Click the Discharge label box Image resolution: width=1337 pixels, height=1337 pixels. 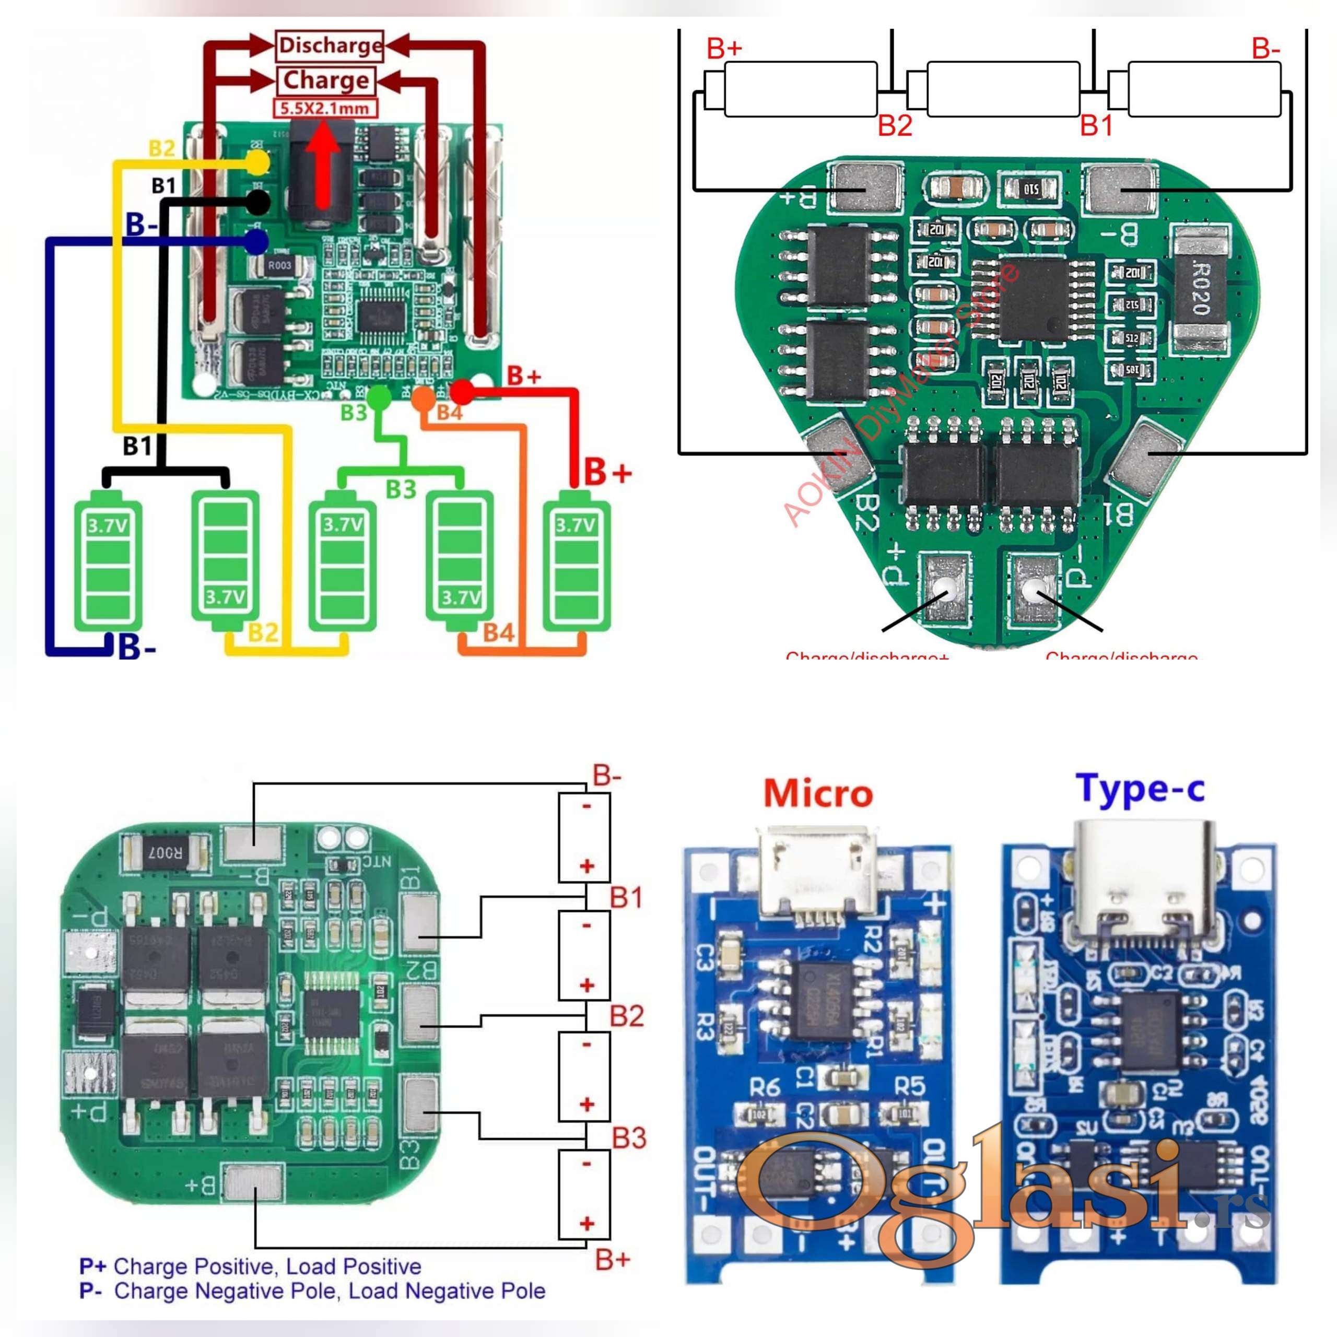click(x=330, y=45)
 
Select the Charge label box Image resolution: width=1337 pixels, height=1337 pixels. click(x=326, y=80)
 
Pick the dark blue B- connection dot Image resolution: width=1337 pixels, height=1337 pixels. click(x=256, y=241)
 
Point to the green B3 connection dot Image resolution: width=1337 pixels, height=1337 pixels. click(x=377, y=397)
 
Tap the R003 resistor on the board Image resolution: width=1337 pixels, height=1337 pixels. click(x=279, y=265)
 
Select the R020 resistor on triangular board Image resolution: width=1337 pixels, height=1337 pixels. click(x=1201, y=287)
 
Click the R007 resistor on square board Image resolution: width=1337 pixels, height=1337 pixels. click(x=164, y=853)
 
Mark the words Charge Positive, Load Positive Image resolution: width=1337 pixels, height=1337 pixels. click(x=267, y=1266)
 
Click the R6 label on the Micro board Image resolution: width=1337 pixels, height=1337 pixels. click(x=765, y=1087)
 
